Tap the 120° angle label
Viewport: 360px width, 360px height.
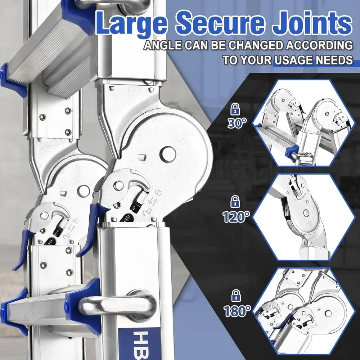click(235, 217)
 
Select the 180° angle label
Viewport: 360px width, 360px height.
click(236, 310)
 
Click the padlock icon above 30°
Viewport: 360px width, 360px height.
click(236, 108)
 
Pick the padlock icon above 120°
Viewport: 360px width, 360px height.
click(235, 201)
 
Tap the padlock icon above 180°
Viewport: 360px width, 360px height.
click(236, 295)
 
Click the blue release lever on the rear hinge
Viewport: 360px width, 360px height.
click(23, 248)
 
